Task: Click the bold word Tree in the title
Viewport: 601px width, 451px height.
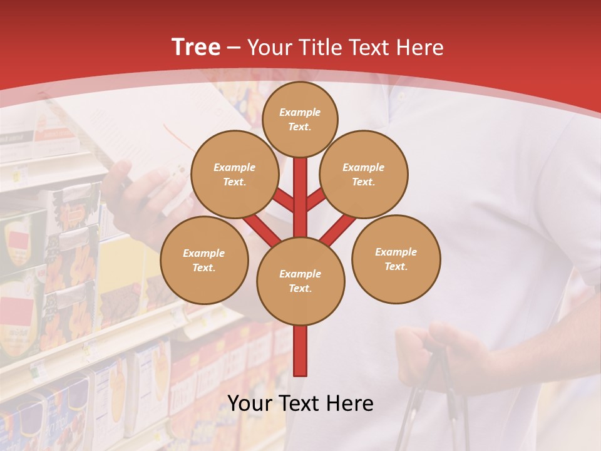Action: tap(196, 48)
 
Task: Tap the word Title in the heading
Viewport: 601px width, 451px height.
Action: tap(320, 48)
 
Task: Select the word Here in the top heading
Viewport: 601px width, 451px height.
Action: tap(420, 48)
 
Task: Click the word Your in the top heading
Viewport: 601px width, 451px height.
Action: tap(271, 48)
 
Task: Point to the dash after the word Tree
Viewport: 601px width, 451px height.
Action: tap(234, 48)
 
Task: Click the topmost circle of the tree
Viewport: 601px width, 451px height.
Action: tap(300, 119)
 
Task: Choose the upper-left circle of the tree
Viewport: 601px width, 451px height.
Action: tap(235, 174)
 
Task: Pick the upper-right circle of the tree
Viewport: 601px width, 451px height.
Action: tap(364, 174)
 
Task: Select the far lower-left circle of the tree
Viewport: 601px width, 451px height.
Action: tap(204, 260)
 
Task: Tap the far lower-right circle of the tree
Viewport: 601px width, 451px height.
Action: tap(396, 259)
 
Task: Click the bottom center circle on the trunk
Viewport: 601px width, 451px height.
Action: tap(300, 281)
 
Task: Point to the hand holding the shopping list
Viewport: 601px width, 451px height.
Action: tap(150, 194)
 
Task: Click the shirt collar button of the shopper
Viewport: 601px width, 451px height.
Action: tap(401, 97)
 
